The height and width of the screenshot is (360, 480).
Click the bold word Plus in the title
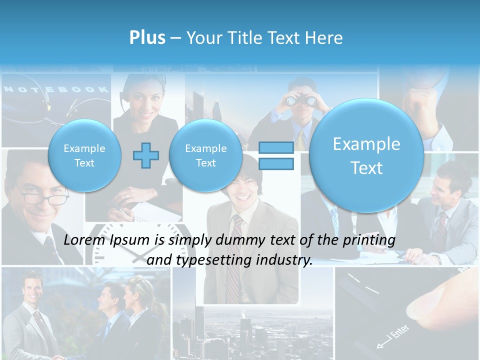(x=147, y=38)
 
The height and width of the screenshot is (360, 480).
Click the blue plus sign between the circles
(x=145, y=155)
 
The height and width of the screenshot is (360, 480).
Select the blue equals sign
(x=275, y=155)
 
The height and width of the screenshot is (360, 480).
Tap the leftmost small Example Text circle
(x=84, y=155)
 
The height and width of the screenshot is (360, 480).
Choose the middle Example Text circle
(x=205, y=155)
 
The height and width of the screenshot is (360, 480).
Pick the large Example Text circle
(x=366, y=155)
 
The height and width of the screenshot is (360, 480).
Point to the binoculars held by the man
(x=301, y=100)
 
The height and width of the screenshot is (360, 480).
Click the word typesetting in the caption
(x=210, y=260)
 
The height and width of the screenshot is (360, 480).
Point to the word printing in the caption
(x=370, y=240)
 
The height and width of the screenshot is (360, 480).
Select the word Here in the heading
(x=325, y=38)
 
